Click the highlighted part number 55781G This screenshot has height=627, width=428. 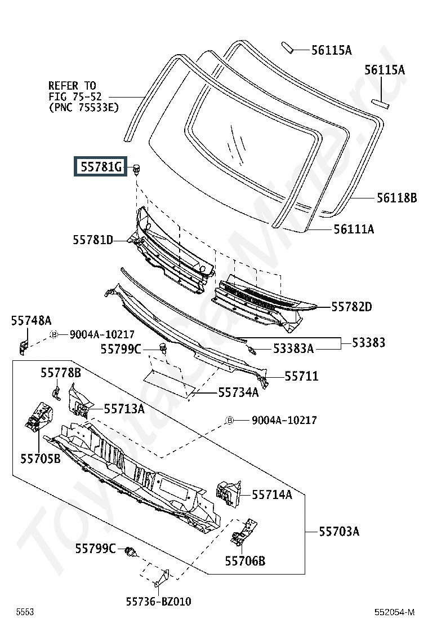point(101,166)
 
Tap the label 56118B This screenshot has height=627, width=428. point(396,197)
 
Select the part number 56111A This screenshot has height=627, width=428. point(354,229)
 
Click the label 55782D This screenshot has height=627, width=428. point(351,307)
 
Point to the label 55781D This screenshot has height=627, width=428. point(92,240)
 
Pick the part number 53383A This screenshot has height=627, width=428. point(293,348)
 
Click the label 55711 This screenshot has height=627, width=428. point(301,376)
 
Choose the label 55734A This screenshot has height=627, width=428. point(238,392)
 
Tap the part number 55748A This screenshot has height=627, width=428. point(31,320)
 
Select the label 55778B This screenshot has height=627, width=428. point(61,373)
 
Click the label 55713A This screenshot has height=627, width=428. point(124,409)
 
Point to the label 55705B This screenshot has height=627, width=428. point(41,458)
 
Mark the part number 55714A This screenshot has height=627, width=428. point(272,495)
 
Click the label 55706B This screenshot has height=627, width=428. point(245,561)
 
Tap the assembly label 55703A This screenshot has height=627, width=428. point(339,532)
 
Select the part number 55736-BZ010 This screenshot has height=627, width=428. point(158,602)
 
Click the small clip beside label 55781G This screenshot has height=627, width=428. point(136,169)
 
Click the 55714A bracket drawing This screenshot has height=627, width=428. point(229,494)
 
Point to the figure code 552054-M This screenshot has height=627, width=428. point(394,612)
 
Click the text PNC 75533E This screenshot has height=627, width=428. point(84,108)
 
